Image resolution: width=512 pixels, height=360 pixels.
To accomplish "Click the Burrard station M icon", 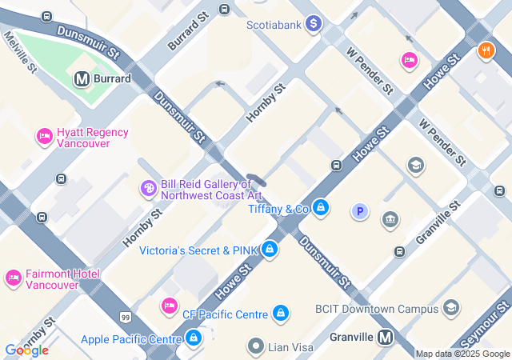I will (x=81, y=78).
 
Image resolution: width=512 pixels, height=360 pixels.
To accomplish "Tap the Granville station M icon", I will (x=386, y=337).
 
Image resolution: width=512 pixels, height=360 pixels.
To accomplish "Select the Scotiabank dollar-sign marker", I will (x=313, y=25).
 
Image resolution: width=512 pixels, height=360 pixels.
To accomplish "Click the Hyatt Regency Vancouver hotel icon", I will (x=44, y=138).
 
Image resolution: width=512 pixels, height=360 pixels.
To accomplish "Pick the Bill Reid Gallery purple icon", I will (x=148, y=189).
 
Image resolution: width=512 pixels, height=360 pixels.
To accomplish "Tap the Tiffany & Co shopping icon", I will (x=321, y=209).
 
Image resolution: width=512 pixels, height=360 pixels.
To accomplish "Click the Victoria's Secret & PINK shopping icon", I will (x=270, y=250).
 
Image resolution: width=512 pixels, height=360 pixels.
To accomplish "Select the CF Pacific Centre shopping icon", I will (x=281, y=314).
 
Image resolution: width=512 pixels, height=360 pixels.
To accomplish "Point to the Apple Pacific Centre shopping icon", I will (x=194, y=339).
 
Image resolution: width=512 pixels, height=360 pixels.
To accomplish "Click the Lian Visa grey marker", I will (x=256, y=346).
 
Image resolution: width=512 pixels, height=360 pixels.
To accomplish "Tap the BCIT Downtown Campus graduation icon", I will (x=451, y=308).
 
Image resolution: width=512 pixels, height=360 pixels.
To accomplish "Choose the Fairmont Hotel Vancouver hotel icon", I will (x=13, y=278).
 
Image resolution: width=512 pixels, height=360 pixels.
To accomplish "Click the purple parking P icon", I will (x=360, y=212).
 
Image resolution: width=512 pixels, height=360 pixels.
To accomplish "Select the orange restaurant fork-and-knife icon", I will (x=486, y=51).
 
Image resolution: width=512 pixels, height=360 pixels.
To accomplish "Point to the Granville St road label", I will (x=438, y=223).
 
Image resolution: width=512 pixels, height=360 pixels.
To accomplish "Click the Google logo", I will (x=26, y=350).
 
